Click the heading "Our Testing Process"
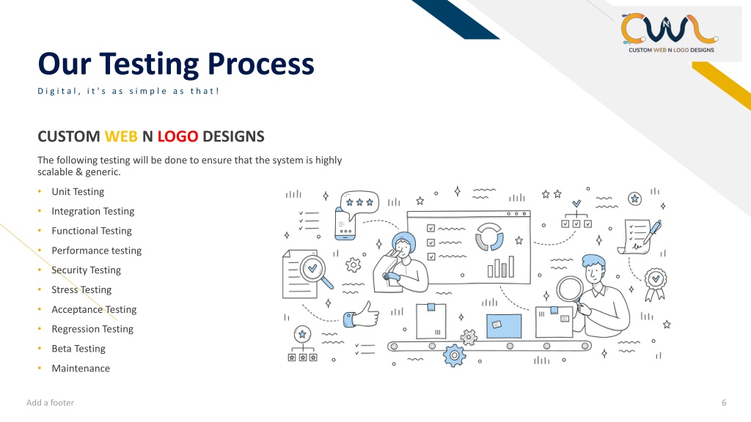click(176, 64)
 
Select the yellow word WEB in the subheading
click(121, 136)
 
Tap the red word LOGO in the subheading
click(177, 136)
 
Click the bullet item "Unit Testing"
click(78, 191)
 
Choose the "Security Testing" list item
click(87, 270)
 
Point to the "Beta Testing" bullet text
click(78, 348)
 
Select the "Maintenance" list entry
click(81, 368)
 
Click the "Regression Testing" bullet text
click(92, 329)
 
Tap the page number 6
click(724, 403)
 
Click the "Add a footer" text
click(51, 403)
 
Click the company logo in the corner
click(669, 33)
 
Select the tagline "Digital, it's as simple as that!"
click(128, 91)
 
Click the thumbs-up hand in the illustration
click(362, 316)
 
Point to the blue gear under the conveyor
click(454, 355)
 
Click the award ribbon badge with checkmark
click(655, 284)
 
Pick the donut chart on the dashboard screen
click(489, 237)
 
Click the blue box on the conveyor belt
click(504, 326)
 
